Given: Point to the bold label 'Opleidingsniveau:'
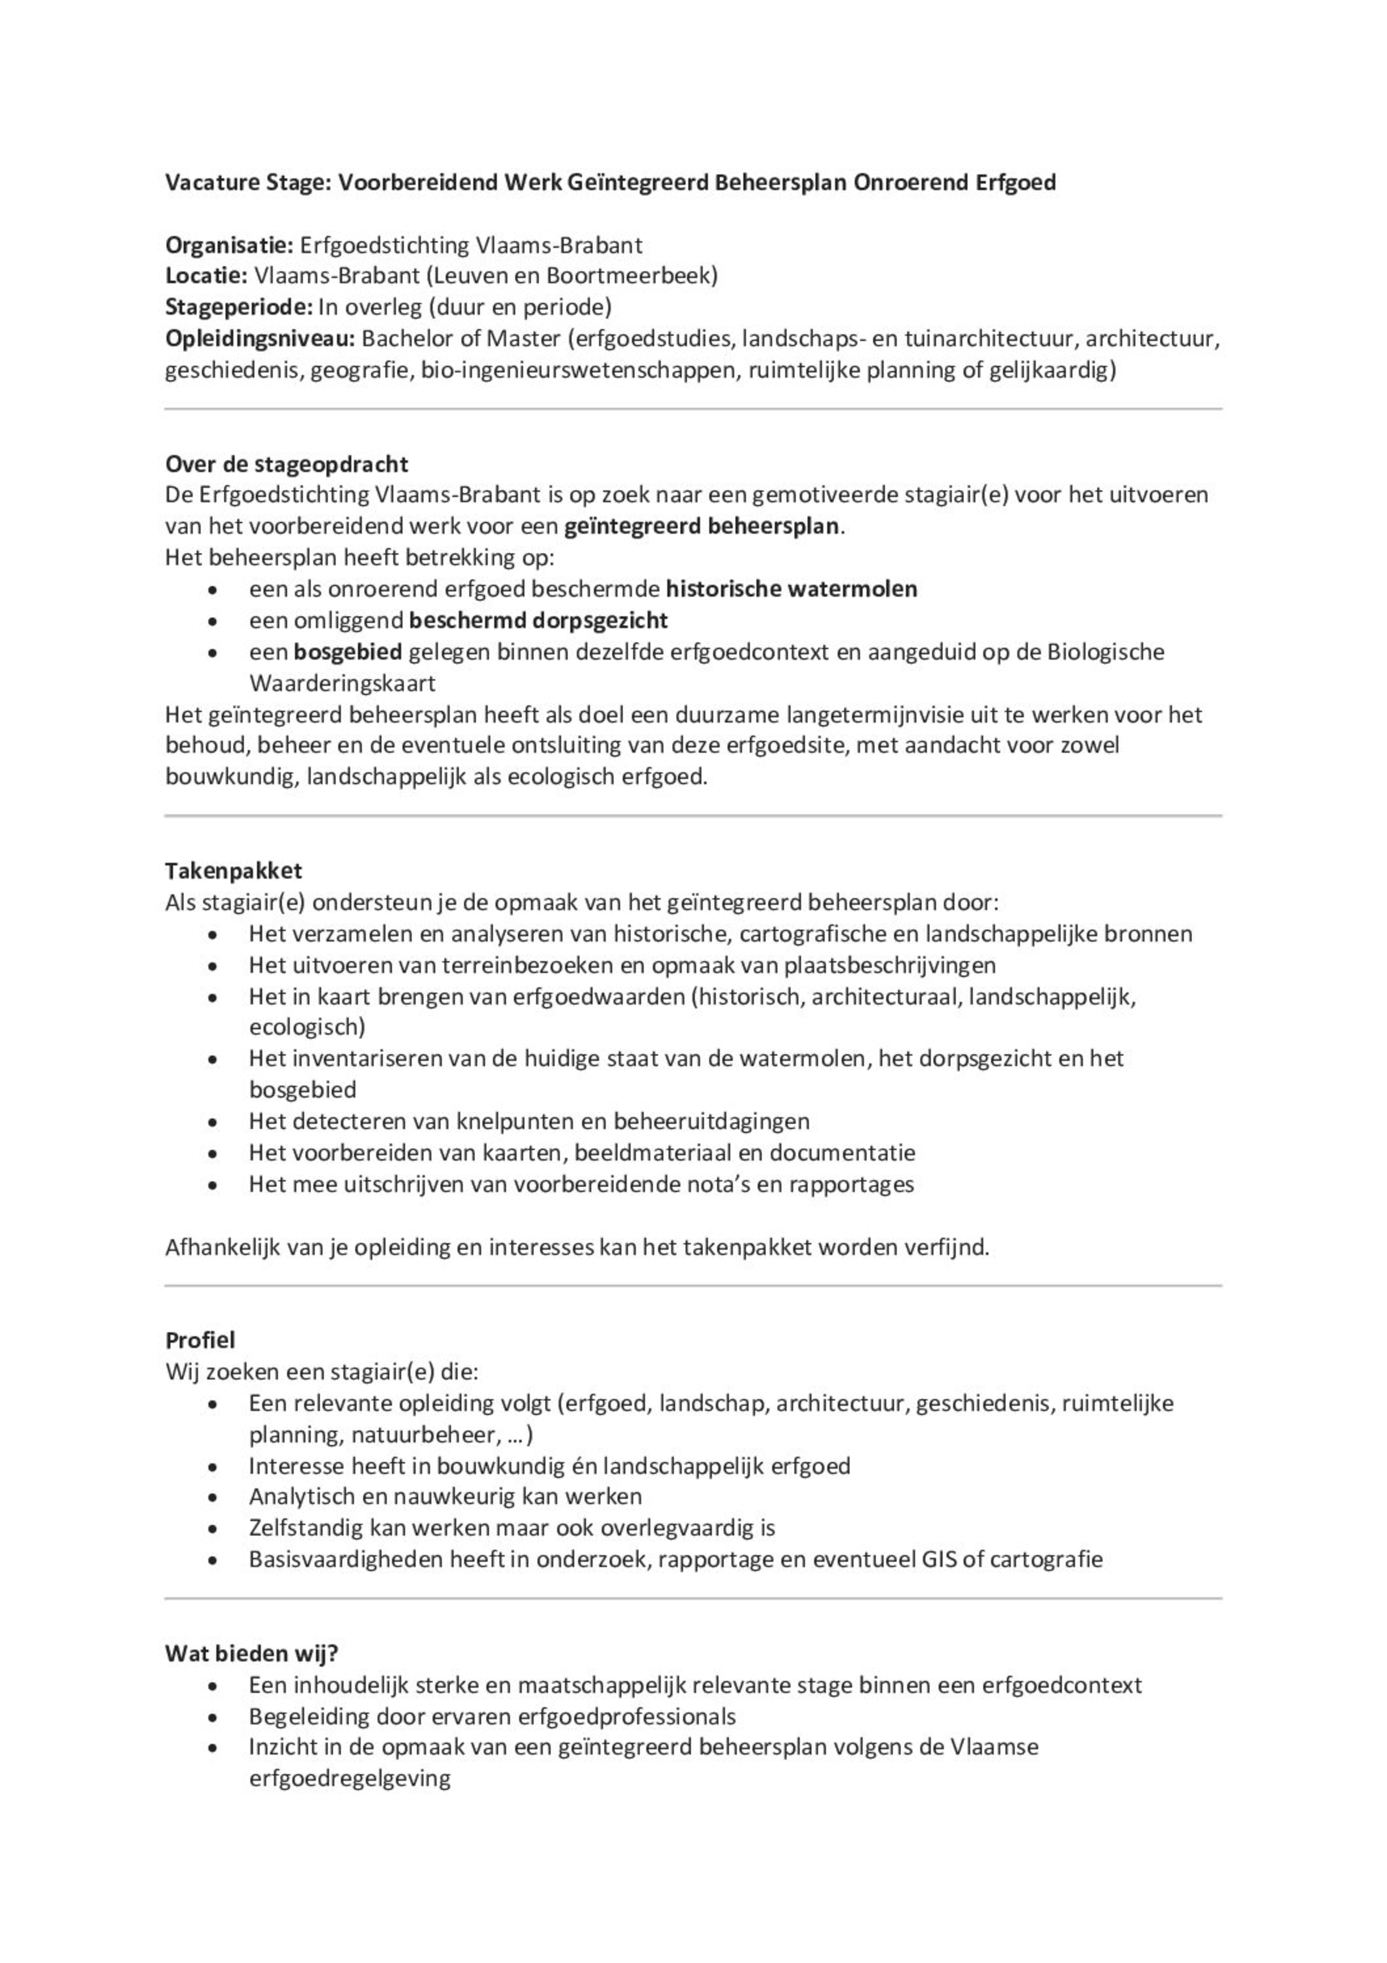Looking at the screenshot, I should click(x=260, y=339).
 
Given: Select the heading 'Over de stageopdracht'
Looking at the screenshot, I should click(x=286, y=464).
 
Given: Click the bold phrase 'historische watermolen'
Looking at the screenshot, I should click(x=791, y=589).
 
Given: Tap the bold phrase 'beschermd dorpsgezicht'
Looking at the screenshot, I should click(x=538, y=620).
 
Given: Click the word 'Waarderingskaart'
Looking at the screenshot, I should click(x=342, y=683).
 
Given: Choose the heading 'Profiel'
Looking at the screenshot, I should click(x=200, y=1340).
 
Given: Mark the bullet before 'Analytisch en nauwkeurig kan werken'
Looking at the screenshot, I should click(x=212, y=1497).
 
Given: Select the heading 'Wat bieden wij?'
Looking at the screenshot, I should click(x=251, y=1653).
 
